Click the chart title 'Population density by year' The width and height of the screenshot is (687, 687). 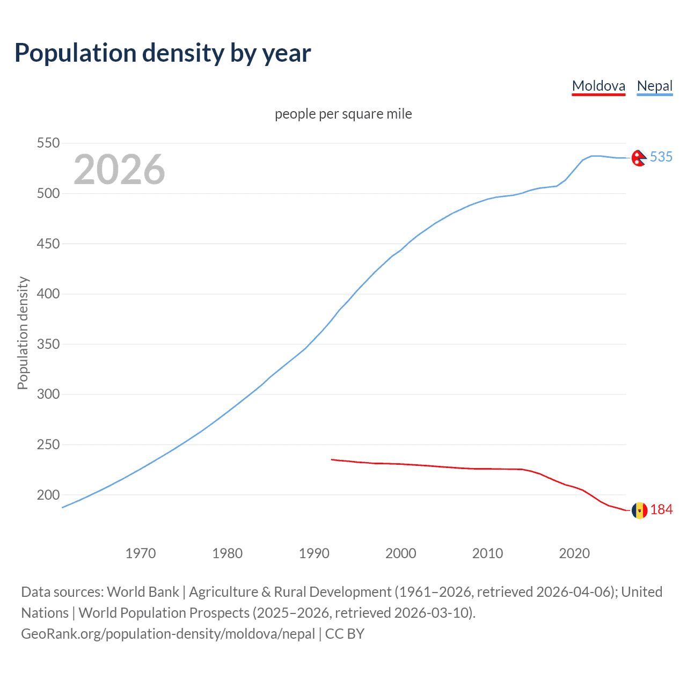tap(163, 53)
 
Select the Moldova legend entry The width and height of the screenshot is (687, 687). tap(598, 86)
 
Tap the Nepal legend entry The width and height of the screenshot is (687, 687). tap(654, 86)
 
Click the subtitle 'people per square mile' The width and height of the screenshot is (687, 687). tap(343, 114)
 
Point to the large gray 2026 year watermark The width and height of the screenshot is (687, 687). tap(119, 170)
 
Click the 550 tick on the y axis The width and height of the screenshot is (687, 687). tap(48, 143)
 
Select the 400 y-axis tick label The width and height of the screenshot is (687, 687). tap(48, 294)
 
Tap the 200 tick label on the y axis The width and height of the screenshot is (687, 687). tap(48, 495)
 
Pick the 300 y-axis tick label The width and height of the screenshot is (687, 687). tap(48, 394)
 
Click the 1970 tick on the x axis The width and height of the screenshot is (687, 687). tap(141, 553)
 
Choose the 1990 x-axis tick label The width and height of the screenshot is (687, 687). tap(314, 553)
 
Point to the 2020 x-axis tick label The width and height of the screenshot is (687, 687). tap(574, 553)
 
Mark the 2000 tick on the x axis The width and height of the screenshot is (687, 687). tap(401, 553)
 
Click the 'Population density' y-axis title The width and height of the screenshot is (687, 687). tap(23, 333)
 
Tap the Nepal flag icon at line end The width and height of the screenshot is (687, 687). tap(639, 158)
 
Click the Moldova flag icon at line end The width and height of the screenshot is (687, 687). tap(639, 510)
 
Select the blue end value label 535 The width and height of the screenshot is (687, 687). tap(661, 157)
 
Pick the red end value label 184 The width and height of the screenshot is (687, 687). tap(661, 510)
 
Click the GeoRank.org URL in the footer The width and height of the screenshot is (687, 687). tap(168, 634)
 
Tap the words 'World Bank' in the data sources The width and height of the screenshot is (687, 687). tap(143, 592)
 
